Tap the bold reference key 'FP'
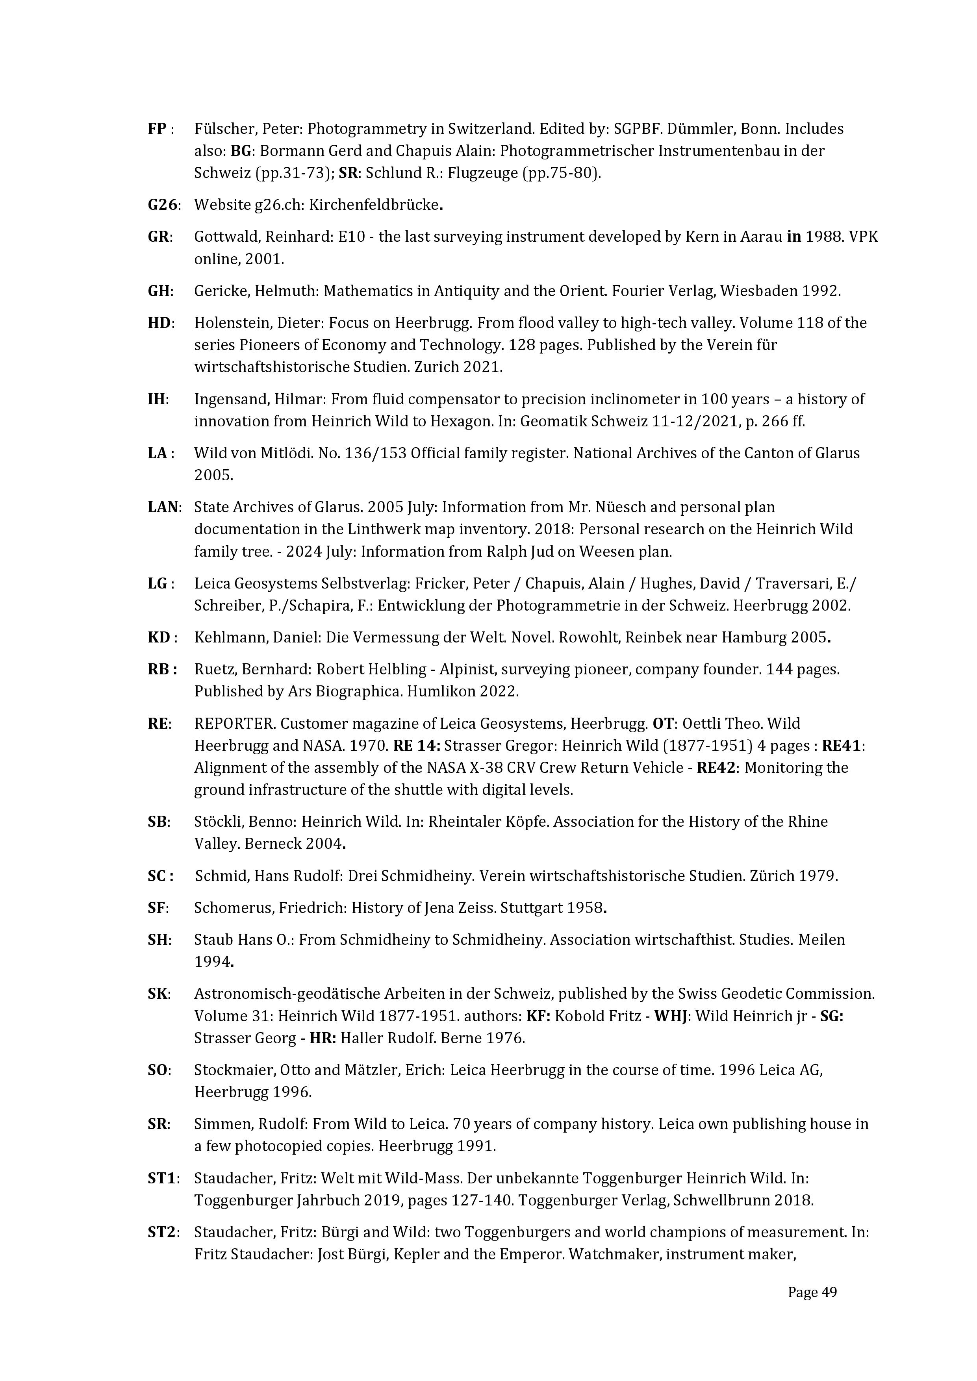(158, 129)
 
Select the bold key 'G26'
(162, 205)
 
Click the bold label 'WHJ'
(671, 1016)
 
